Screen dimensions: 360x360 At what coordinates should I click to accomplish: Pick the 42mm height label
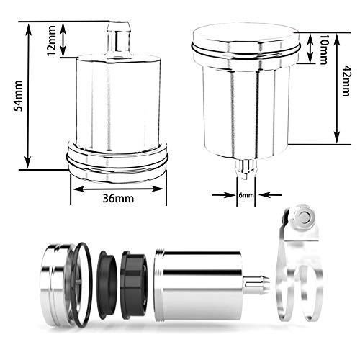[348, 81]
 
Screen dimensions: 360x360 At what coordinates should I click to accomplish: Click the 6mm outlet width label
[247, 195]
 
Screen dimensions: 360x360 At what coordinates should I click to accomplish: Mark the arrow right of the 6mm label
[268, 195]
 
